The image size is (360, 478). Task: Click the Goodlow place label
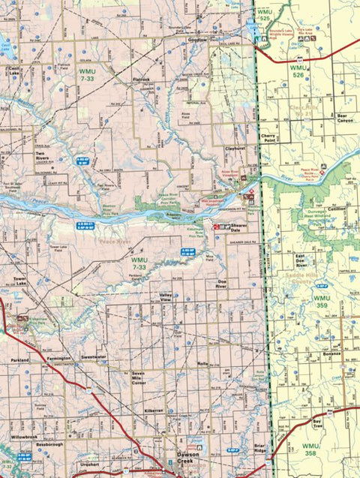[x=196, y=40]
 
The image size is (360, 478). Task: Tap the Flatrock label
[x=142, y=78]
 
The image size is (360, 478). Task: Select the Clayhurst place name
[x=236, y=149]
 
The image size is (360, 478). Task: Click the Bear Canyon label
[x=344, y=119]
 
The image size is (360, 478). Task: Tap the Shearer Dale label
[x=240, y=227]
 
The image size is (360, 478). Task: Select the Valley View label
[x=171, y=297]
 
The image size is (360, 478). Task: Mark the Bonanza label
[x=331, y=353]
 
